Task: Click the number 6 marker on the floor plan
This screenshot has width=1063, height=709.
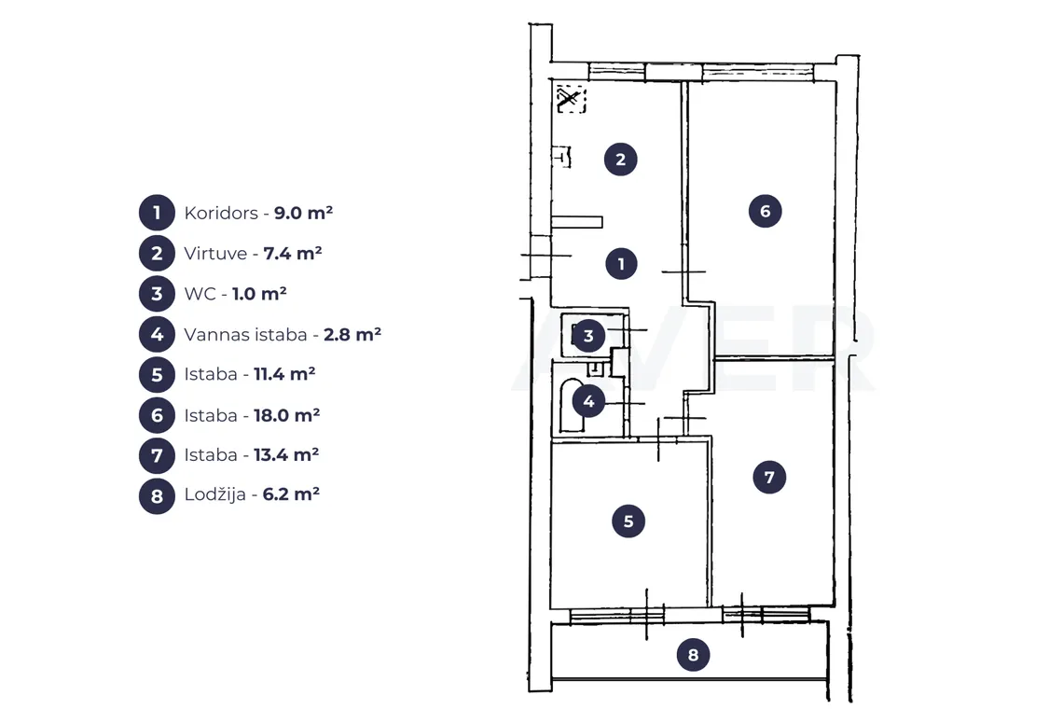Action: tap(765, 211)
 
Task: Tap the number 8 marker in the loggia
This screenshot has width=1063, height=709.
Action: tap(693, 655)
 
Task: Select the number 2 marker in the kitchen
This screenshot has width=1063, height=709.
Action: tap(620, 160)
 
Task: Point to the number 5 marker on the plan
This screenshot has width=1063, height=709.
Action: tap(628, 521)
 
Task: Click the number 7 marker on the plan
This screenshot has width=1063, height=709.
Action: tap(769, 477)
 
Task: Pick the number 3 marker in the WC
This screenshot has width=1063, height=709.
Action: tap(587, 335)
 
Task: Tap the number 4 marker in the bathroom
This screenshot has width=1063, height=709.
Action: tap(588, 401)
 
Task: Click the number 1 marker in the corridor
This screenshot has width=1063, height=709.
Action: tap(621, 264)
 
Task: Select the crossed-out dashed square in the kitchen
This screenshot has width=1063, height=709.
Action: tap(571, 99)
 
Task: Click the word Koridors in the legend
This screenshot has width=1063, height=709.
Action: tap(221, 213)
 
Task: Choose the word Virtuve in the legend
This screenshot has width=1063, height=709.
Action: tap(215, 254)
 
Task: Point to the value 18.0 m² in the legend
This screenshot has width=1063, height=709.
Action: tap(287, 414)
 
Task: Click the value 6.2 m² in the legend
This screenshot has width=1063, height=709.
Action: tap(291, 494)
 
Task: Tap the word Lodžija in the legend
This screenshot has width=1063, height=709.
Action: tap(214, 494)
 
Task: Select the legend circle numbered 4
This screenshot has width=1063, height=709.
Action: tap(158, 335)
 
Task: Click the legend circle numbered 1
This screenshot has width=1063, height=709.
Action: tap(158, 213)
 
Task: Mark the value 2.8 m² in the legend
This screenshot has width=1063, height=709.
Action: tap(352, 334)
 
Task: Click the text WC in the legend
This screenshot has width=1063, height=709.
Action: tap(200, 294)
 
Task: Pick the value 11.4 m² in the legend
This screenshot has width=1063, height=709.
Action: tap(284, 374)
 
